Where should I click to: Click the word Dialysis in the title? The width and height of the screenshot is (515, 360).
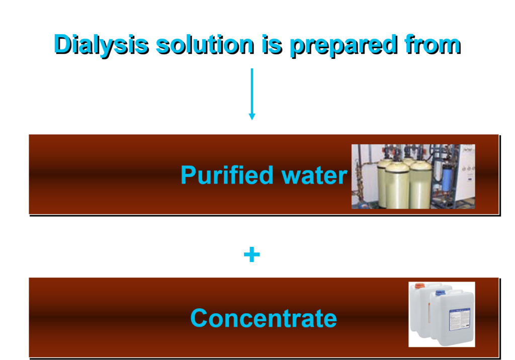point(100,44)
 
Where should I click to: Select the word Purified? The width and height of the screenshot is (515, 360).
point(220,175)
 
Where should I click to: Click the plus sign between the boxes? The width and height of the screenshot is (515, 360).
point(252,255)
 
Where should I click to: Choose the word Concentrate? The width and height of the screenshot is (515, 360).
point(264,318)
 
